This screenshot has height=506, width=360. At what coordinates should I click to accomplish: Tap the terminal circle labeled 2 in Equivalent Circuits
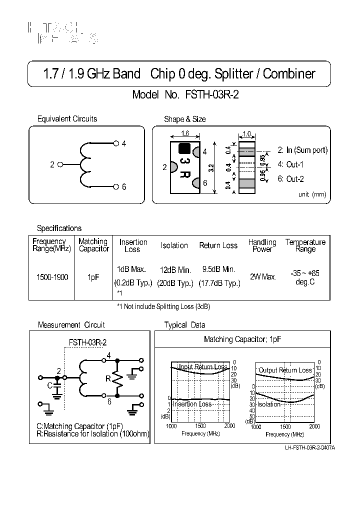(x=61, y=164)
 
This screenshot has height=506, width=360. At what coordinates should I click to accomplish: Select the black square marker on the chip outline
(x=184, y=148)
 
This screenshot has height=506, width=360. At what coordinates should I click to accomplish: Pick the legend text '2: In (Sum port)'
(x=302, y=150)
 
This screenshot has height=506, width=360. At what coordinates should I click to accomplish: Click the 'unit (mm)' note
(x=311, y=194)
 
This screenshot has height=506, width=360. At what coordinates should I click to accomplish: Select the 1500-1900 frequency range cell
(x=52, y=276)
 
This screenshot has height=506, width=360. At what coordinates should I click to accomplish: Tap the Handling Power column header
(x=262, y=245)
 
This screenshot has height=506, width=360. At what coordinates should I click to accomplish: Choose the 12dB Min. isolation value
(x=175, y=270)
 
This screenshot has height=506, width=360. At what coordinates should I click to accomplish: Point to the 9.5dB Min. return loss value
(x=218, y=269)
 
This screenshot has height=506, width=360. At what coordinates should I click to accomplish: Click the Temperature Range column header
(x=305, y=245)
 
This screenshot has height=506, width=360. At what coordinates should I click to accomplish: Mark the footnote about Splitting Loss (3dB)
(x=160, y=306)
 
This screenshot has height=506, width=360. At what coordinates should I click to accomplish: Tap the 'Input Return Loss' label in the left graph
(x=203, y=367)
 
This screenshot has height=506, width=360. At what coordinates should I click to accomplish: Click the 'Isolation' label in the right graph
(x=269, y=404)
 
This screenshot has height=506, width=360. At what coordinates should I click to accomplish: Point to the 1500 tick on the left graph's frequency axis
(x=200, y=426)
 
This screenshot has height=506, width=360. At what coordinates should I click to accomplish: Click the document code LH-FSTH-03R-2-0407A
(x=309, y=447)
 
